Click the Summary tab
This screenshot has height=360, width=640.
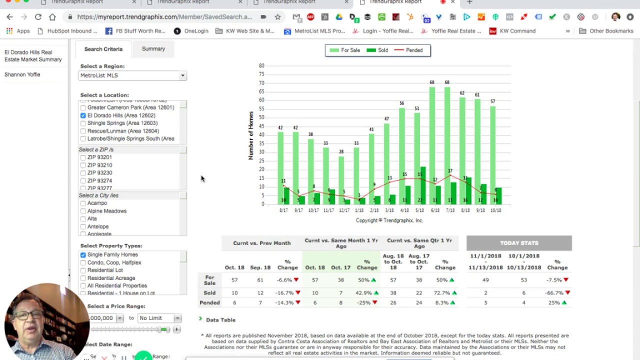[x=153, y=49]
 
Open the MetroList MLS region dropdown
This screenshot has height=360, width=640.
[x=132, y=75]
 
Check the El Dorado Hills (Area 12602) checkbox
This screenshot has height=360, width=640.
[x=83, y=115]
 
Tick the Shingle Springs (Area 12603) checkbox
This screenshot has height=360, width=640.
[x=83, y=123]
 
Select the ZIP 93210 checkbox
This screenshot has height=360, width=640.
[x=83, y=165]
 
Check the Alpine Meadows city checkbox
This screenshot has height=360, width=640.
[x=83, y=211]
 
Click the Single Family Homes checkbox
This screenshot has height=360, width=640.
[x=83, y=255]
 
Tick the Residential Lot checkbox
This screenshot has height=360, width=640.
[x=83, y=270]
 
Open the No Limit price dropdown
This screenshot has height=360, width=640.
[x=159, y=318]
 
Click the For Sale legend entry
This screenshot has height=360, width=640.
[x=345, y=50]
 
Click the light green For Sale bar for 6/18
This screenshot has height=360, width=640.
[x=432, y=145]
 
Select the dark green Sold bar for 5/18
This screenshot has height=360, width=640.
[x=423, y=185]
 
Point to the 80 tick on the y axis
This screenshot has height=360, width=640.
[x=261, y=65]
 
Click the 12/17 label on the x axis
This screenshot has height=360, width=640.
[x=343, y=210]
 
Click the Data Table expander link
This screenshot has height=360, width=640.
[x=220, y=320]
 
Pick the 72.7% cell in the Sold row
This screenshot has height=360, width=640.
[x=441, y=293]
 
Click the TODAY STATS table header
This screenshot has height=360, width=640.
[x=519, y=243]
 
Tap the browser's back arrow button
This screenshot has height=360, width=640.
[x=9, y=17]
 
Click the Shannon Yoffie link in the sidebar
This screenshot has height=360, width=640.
[x=22, y=74]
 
